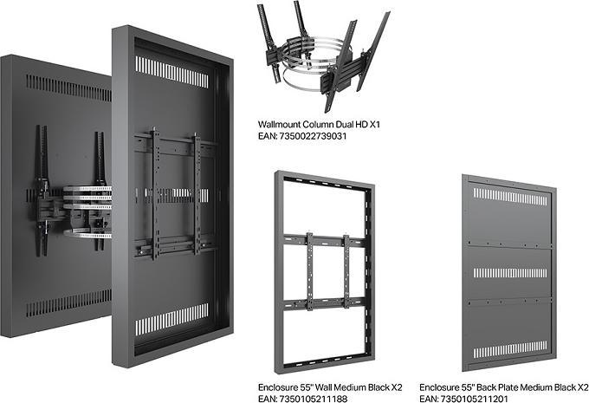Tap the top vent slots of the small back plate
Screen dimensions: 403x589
[x=509, y=197]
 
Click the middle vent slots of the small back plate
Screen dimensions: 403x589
[x=509, y=272]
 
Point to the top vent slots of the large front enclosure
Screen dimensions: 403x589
[x=172, y=71]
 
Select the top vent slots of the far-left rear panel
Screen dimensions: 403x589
[x=66, y=86]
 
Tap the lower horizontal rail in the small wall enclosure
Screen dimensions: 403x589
[x=326, y=303]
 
